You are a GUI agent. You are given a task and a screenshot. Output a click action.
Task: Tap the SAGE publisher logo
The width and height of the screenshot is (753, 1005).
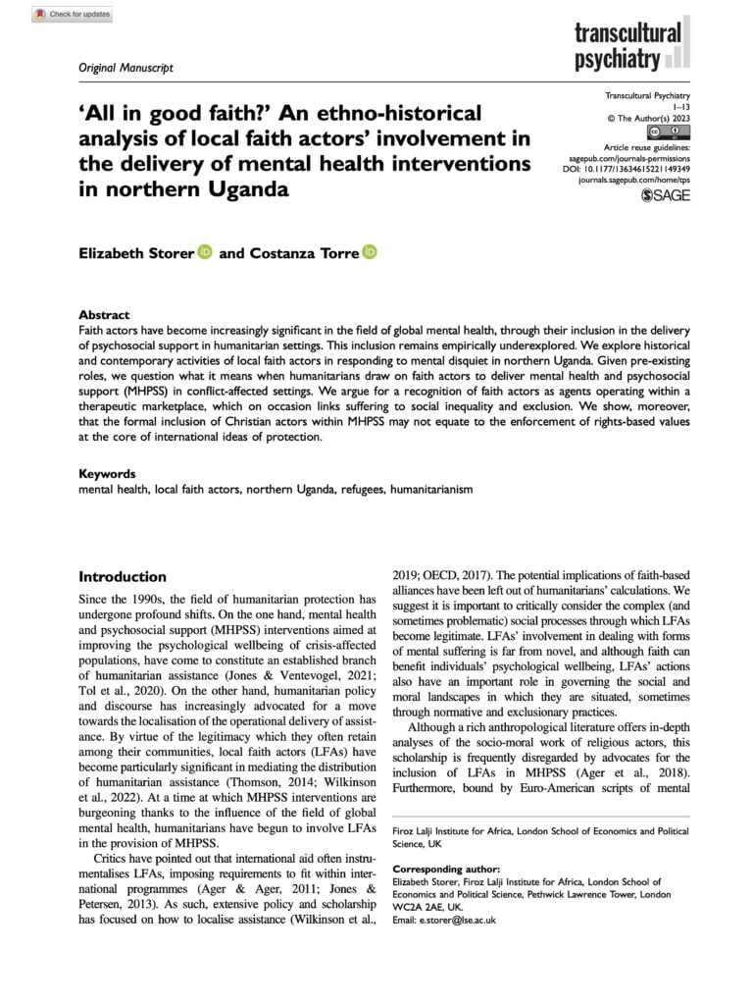click(660, 195)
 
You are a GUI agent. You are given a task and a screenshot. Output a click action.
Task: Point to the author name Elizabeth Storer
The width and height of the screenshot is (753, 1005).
click(136, 253)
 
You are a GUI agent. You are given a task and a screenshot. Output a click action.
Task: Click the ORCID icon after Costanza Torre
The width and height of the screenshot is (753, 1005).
click(370, 253)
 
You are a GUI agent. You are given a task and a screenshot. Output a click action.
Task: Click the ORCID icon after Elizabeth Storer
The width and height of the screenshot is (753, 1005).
click(204, 253)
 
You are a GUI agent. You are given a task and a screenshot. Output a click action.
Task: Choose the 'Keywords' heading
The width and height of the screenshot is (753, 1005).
click(107, 473)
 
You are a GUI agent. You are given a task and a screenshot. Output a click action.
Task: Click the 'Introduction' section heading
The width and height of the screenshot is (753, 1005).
click(123, 576)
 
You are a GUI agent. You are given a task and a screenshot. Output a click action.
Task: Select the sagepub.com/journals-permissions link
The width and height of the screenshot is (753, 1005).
click(625, 157)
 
